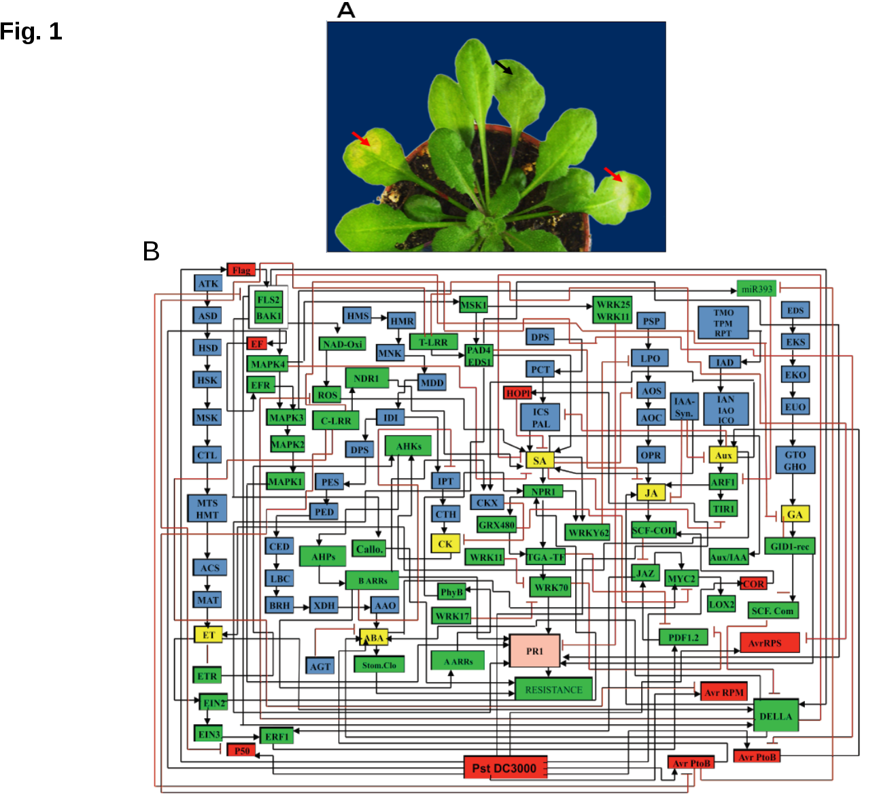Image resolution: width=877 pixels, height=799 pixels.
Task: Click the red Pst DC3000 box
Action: pos(505,768)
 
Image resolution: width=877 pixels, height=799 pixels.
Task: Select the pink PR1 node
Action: pos(535,651)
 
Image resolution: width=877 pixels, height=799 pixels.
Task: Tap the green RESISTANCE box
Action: pos(553,690)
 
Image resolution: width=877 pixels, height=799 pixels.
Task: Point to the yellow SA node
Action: pos(540,460)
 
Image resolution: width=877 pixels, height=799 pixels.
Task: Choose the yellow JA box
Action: pos(651,493)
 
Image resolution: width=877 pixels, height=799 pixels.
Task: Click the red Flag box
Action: pos(241,270)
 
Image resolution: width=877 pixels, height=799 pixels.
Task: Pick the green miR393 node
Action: pos(757,288)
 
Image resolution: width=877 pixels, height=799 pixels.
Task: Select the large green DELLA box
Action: pos(776,716)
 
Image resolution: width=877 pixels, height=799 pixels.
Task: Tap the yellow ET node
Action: pos(208,635)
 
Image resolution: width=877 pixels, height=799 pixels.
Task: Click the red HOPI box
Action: pos(518,393)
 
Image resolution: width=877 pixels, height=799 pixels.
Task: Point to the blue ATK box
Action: pos(208,284)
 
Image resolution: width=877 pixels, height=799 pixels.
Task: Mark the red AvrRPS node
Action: pos(770,643)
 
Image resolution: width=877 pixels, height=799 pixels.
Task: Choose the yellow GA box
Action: pos(795,514)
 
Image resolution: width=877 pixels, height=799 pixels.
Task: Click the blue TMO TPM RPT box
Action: pos(723,323)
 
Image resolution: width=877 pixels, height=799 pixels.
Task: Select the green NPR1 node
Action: pos(543,491)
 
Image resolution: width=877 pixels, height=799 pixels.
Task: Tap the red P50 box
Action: pos(241,750)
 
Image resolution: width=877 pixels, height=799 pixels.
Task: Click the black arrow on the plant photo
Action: pos(504,67)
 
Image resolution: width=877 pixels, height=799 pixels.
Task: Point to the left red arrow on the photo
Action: pos(361,138)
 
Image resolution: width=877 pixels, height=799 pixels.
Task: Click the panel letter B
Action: pos(151,252)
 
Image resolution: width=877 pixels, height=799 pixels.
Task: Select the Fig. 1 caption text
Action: pos(31,31)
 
